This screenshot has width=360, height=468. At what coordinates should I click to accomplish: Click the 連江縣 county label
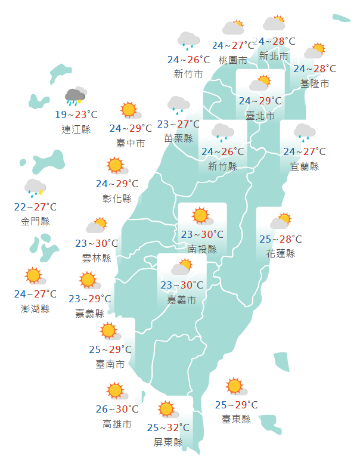(76, 129)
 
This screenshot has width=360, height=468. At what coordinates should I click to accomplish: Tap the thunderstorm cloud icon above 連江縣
(75, 96)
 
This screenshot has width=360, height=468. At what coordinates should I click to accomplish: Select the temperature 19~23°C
(76, 114)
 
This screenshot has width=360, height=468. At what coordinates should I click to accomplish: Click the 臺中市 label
(131, 143)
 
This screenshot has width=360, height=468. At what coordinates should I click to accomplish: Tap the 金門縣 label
(35, 222)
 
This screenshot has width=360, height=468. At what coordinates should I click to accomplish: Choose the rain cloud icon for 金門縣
(35, 188)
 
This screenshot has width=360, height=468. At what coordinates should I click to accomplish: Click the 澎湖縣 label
(35, 309)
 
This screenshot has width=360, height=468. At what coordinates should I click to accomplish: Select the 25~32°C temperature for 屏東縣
(168, 427)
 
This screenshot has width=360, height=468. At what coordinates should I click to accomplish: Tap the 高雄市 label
(117, 424)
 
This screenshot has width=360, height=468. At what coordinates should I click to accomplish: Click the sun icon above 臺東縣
(235, 386)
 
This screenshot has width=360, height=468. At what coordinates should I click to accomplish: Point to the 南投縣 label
(202, 249)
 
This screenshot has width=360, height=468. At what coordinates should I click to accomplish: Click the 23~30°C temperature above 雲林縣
(97, 243)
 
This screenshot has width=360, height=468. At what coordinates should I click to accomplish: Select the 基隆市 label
(315, 83)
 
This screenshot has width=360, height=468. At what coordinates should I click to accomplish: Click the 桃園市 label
(232, 60)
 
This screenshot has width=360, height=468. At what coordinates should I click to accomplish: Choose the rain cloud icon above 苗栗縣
(178, 105)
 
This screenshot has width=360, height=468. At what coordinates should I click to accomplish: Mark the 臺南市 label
(110, 364)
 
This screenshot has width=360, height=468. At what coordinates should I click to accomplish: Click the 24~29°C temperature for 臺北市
(260, 100)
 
